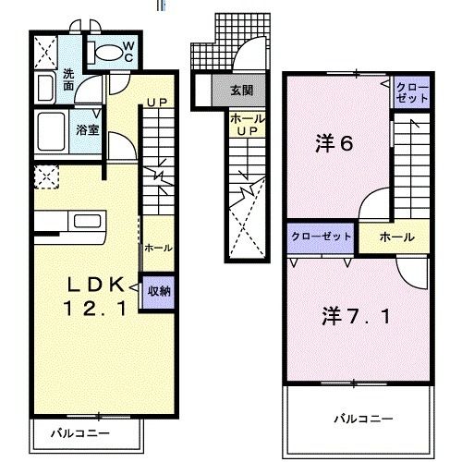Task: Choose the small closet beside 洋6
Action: [x=411, y=91]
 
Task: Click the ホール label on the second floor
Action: [x=395, y=237]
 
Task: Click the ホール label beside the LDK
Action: [x=156, y=248]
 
